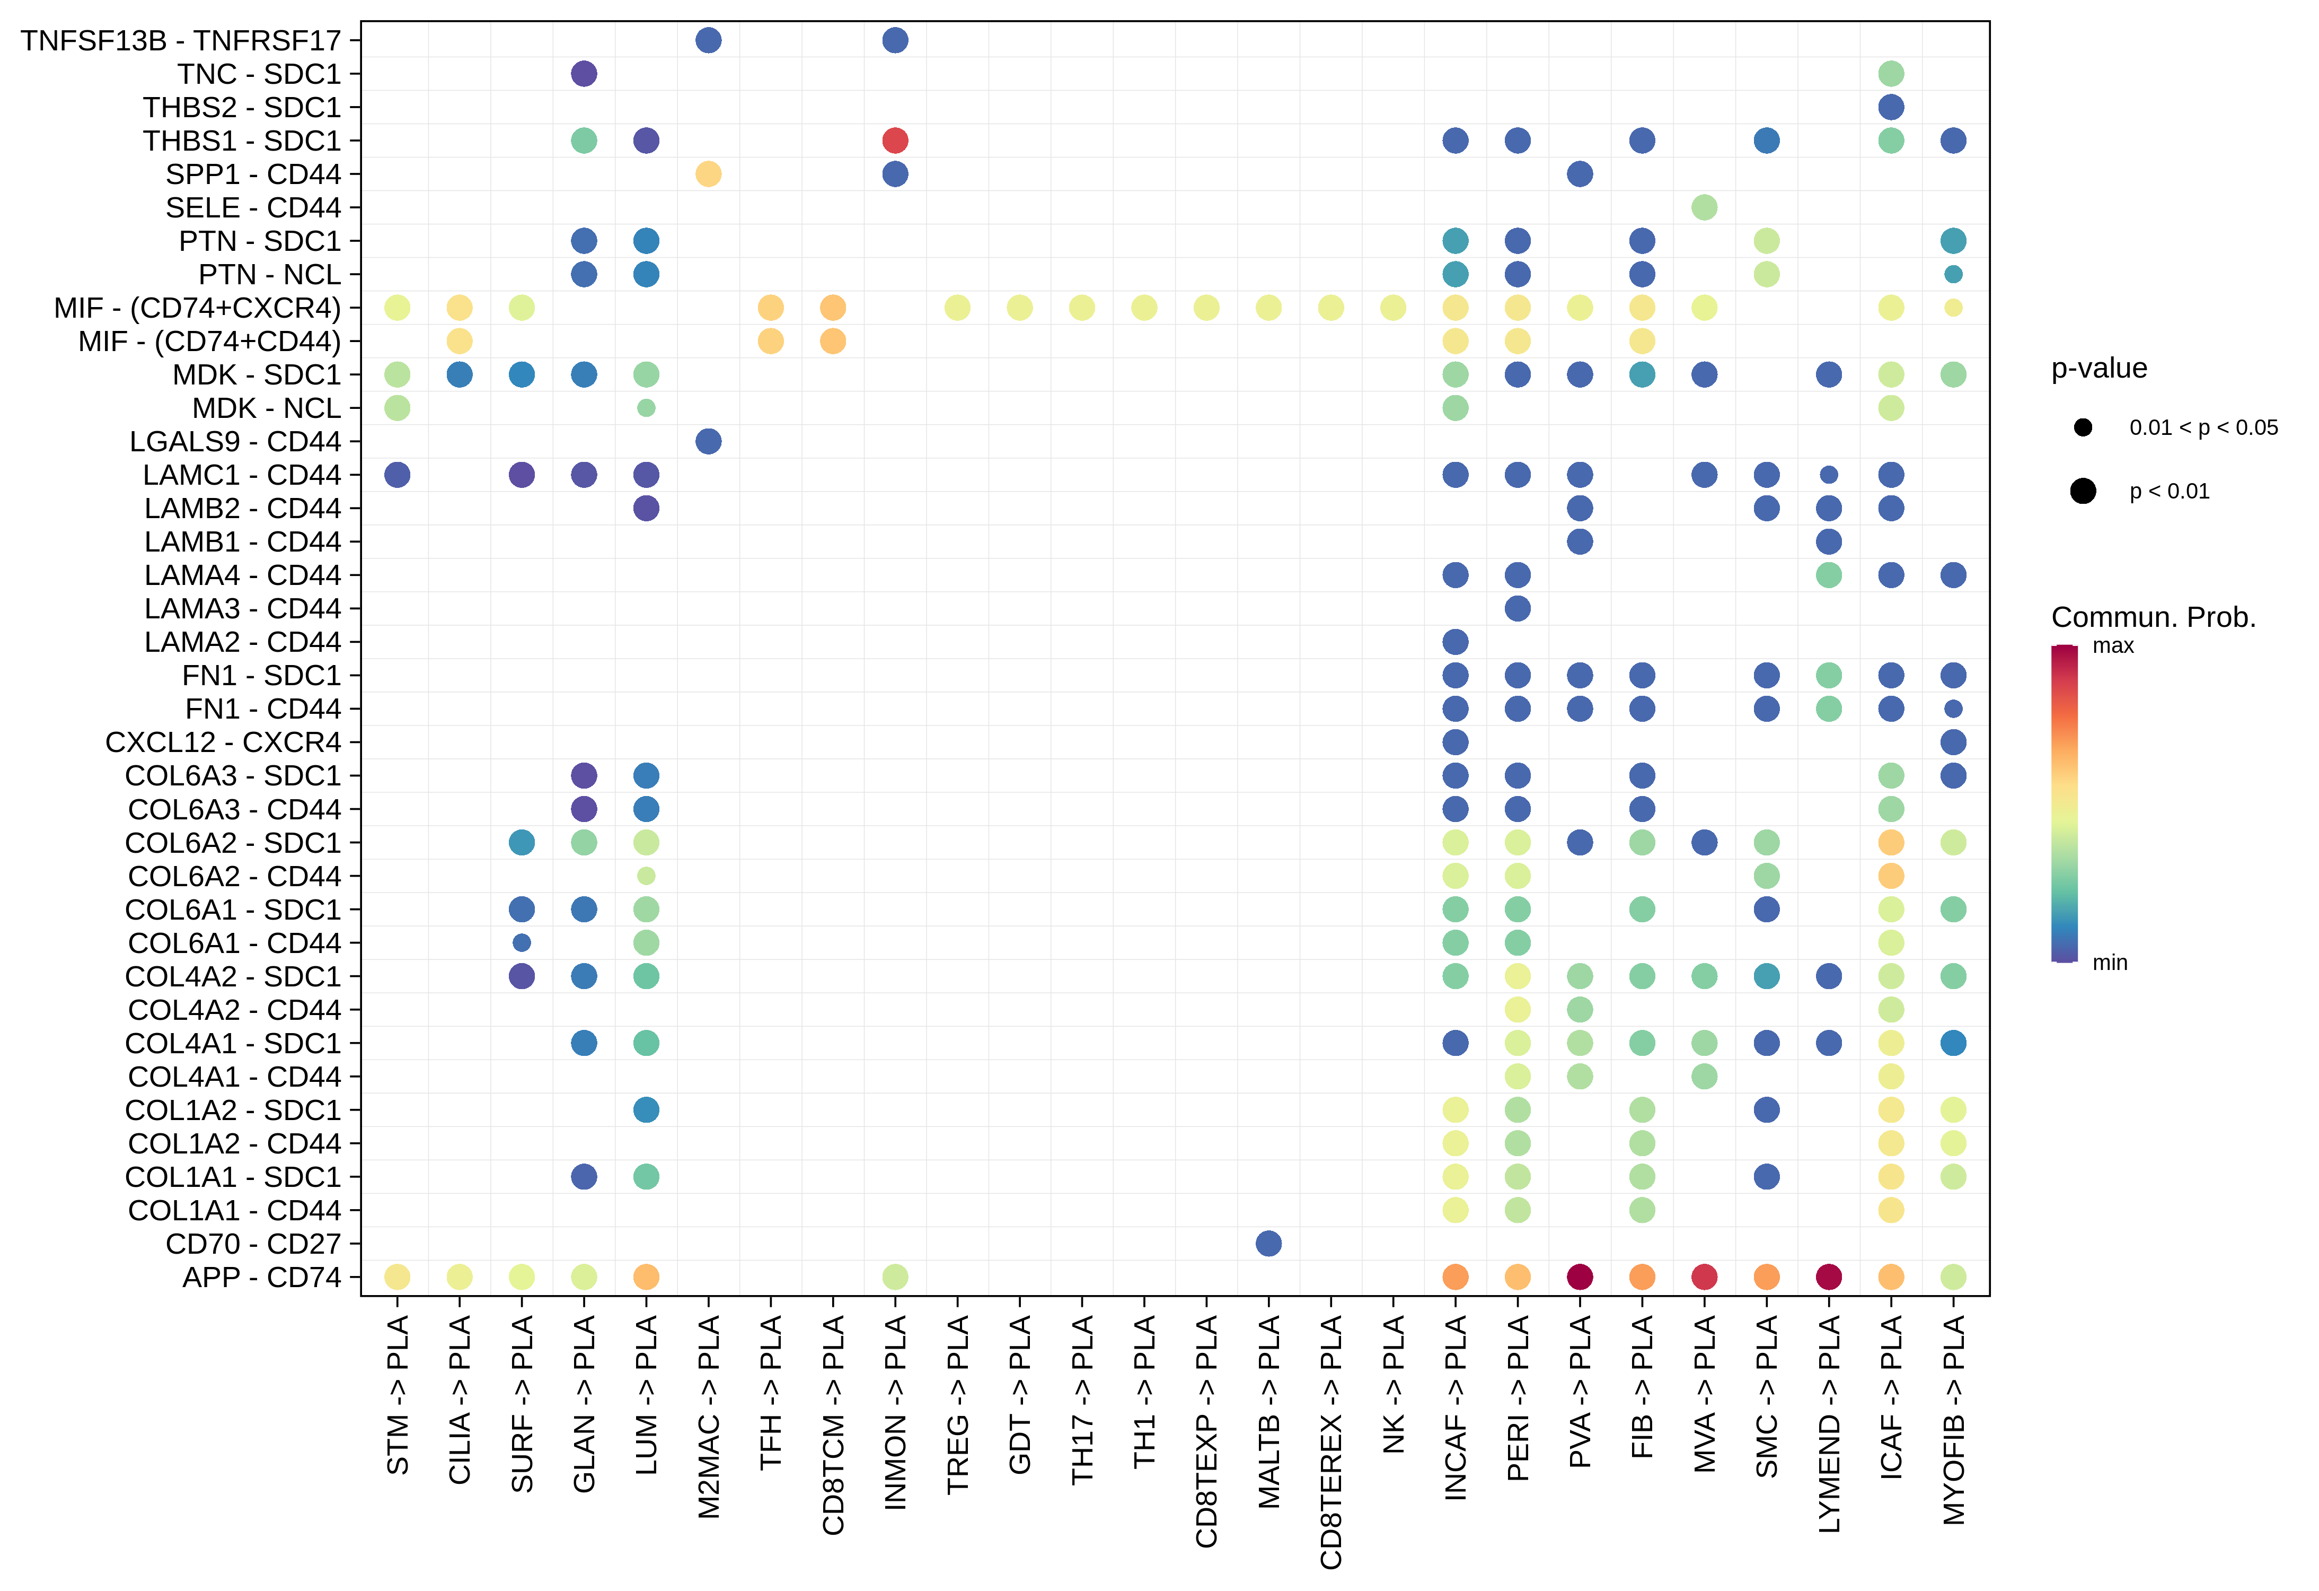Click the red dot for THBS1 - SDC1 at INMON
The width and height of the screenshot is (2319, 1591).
tap(895, 141)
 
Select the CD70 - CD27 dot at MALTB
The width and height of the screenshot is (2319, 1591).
tap(1268, 1244)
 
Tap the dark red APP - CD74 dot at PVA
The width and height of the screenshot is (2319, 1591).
tap(1580, 1277)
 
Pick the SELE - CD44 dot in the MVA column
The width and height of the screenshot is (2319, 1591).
tap(1704, 207)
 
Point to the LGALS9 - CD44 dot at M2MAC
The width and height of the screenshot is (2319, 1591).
tap(709, 441)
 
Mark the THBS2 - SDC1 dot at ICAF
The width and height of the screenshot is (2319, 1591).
tap(1891, 107)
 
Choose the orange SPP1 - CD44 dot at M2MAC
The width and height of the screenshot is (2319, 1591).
tap(709, 173)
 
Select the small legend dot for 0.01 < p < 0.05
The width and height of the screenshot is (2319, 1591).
tap(2083, 427)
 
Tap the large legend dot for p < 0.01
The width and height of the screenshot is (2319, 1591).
tap(2083, 491)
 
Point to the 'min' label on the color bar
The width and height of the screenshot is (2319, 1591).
tap(2110, 962)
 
